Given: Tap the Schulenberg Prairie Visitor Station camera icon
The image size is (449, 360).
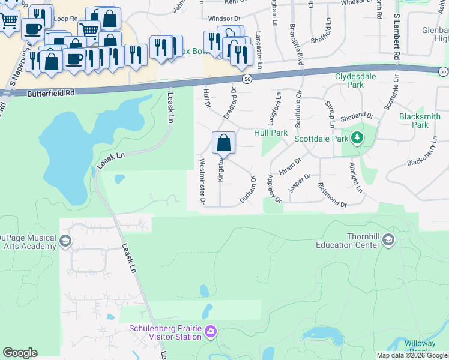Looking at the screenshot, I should pos(211,331).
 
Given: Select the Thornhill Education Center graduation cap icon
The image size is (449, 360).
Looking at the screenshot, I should pos(388,241).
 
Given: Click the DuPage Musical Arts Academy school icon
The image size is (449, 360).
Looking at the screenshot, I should pos(65,241).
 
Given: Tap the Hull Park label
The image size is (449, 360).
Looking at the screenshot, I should pos(271,132).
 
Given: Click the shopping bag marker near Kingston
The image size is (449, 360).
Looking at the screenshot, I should pos(223,143).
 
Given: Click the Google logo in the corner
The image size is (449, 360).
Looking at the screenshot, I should pos(20,353).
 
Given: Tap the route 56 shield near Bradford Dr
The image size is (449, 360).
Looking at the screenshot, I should pos(247,79).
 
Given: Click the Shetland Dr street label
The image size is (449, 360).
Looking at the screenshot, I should pos(358,116).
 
